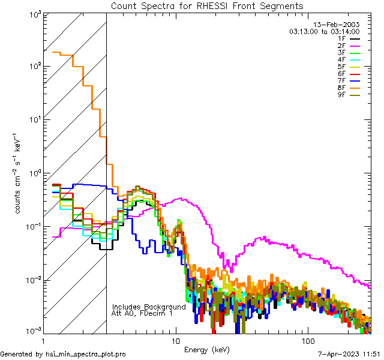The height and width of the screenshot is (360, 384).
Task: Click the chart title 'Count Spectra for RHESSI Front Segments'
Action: [x=208, y=5]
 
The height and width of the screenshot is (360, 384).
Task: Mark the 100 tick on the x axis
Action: [x=308, y=340]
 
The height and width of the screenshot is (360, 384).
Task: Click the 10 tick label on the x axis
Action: [x=175, y=340]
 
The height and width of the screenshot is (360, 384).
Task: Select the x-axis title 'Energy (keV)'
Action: [x=206, y=349]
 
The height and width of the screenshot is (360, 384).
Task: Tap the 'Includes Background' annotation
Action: [x=149, y=307]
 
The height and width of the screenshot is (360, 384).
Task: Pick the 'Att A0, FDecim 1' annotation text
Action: [x=142, y=313]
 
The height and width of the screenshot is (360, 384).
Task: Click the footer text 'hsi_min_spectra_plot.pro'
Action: [x=86, y=355]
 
